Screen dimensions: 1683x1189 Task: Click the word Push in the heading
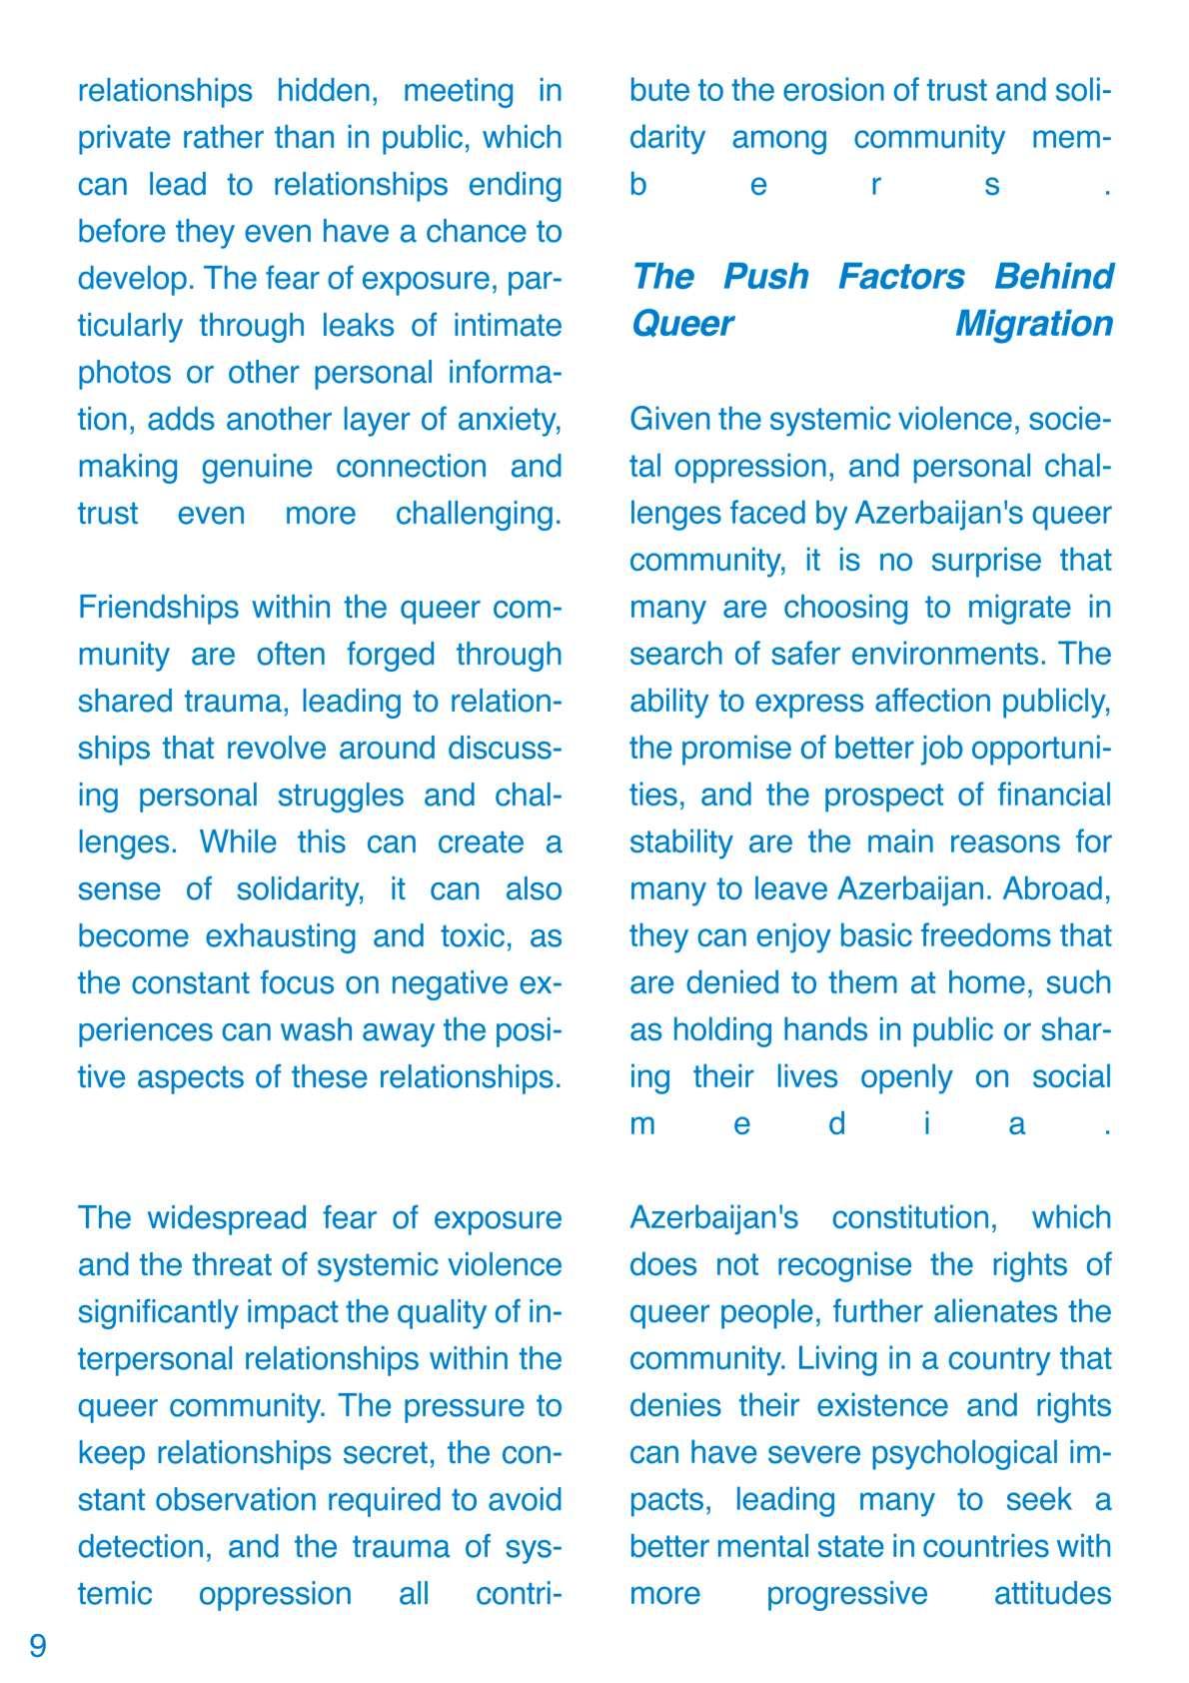pyautogui.click(x=765, y=277)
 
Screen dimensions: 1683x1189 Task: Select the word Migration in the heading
pyautogui.click(x=1033, y=324)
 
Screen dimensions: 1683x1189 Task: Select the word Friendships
pyautogui.click(x=157, y=608)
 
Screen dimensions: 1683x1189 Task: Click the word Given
pyautogui.click(x=669, y=420)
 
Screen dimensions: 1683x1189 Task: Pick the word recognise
pyautogui.click(x=844, y=1265)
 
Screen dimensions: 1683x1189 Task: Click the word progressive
pyautogui.click(x=846, y=1594)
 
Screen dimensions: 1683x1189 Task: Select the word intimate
pyautogui.click(x=509, y=326)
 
